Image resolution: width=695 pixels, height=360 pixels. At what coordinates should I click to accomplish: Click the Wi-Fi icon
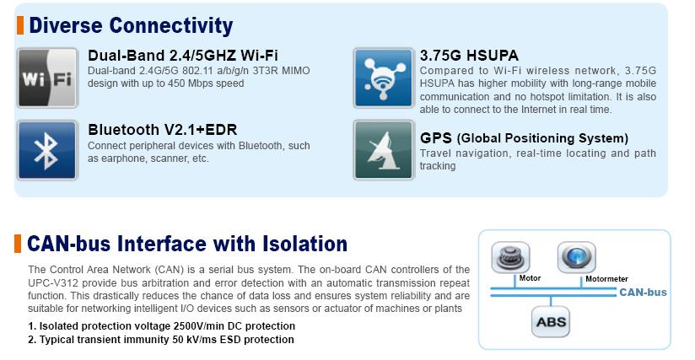click(47, 78)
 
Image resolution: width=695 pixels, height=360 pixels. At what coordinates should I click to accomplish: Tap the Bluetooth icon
click(47, 151)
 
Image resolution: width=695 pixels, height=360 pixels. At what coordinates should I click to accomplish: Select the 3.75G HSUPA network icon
click(384, 78)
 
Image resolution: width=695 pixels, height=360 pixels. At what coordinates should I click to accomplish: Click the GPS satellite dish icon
click(384, 151)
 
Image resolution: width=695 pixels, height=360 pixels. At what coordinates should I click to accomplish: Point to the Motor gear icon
click(510, 257)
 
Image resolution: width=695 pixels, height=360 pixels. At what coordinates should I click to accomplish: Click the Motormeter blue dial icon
click(577, 257)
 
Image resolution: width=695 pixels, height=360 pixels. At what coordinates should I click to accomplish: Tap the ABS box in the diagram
click(551, 322)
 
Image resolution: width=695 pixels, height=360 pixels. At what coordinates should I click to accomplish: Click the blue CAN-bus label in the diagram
click(643, 293)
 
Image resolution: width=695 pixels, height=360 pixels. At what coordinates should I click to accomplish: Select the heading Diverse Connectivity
click(131, 25)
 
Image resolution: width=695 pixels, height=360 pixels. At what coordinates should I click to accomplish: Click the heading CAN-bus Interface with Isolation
click(187, 244)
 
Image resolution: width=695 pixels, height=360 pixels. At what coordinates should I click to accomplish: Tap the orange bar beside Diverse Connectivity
click(20, 25)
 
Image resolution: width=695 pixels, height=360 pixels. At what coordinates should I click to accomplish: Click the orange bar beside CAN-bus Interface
click(18, 244)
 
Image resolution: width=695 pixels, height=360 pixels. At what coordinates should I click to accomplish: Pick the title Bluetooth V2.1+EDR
click(162, 130)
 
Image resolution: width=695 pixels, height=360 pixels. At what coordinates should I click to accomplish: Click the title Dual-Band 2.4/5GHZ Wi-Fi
click(183, 56)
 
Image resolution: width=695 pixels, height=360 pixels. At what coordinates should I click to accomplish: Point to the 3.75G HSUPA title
click(469, 56)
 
